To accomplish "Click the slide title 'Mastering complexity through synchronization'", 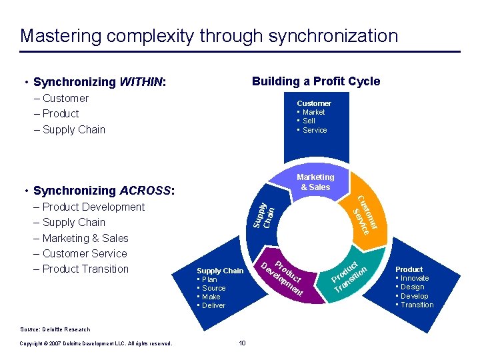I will click(209, 35).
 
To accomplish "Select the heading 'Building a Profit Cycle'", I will click(315, 81).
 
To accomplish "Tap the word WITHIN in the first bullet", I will click(141, 83).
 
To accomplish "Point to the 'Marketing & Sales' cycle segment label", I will click(315, 182).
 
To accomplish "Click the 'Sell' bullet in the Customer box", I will click(309, 121).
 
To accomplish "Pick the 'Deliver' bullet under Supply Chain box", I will click(213, 305).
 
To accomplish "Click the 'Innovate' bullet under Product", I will click(414, 278).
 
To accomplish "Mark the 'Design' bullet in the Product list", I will click(412, 287).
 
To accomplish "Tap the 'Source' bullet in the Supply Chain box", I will click(213, 288).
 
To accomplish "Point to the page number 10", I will click(242, 343).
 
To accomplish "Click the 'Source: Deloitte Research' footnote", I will click(55, 329).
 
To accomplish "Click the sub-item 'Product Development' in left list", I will click(93, 207).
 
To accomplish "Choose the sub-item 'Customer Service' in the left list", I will click(85, 253).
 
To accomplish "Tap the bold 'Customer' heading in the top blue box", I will click(313, 103).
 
